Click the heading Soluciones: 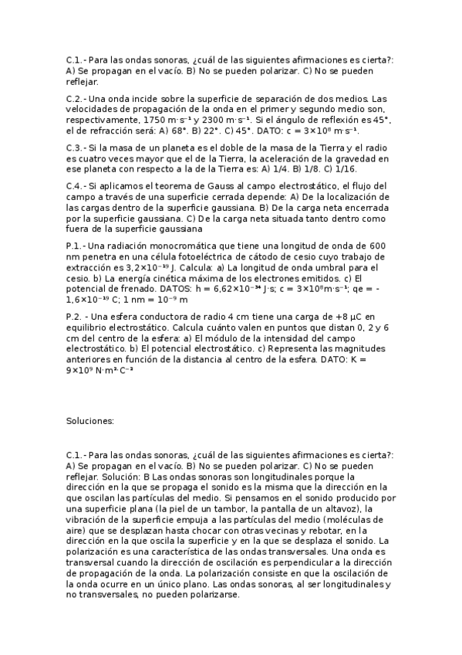(90, 421)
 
